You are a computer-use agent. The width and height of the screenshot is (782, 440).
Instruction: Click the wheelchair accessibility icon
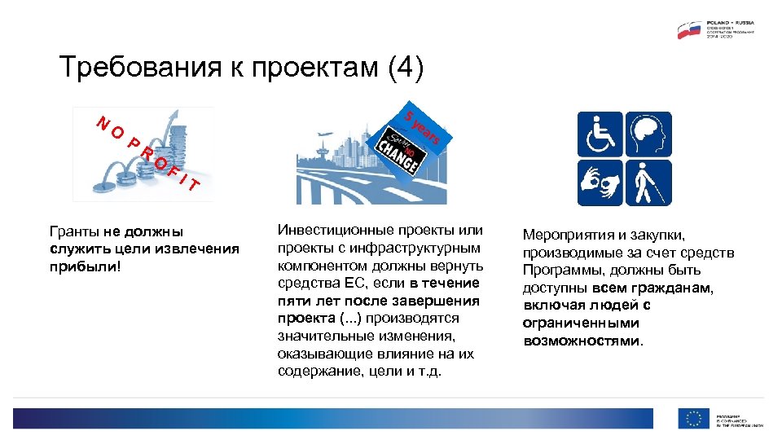[x=600, y=134]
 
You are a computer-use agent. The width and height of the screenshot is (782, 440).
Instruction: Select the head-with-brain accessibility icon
[x=648, y=134]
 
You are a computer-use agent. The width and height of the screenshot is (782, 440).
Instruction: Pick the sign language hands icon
[x=600, y=183]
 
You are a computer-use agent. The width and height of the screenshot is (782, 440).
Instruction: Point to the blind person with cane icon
[x=648, y=183]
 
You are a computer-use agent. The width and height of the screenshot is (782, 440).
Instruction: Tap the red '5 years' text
[x=423, y=125]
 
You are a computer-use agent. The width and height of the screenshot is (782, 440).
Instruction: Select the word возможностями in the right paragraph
[x=582, y=341]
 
